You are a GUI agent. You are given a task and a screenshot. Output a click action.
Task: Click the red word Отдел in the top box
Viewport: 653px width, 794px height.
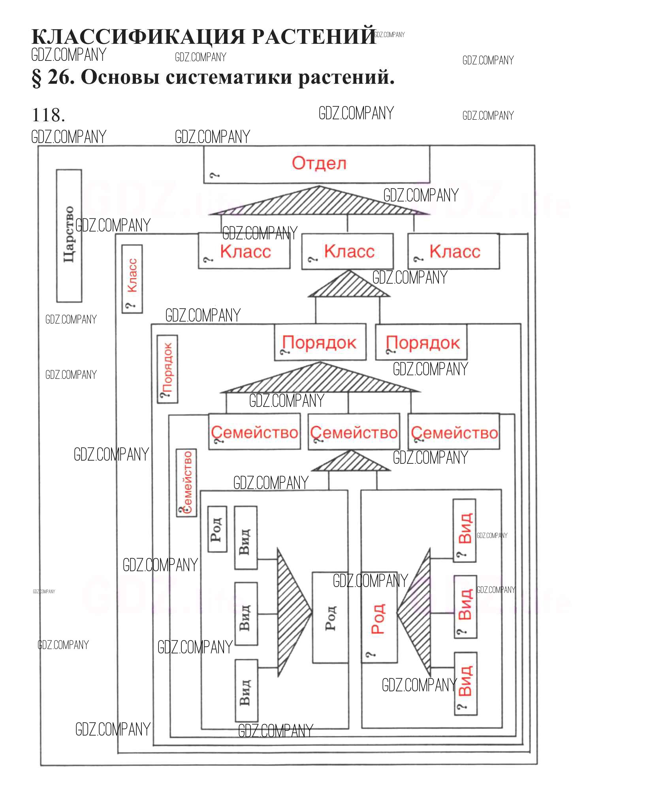[319, 163]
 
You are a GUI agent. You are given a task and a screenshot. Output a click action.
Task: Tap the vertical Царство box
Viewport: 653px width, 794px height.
[69, 236]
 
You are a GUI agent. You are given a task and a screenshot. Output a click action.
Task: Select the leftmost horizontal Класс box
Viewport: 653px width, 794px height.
[244, 251]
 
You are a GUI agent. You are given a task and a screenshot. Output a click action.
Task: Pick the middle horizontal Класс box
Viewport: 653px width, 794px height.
[348, 252]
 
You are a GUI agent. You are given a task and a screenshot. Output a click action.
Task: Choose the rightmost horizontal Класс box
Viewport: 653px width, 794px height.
[454, 252]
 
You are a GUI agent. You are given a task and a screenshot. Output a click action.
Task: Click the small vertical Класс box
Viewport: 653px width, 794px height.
[132, 279]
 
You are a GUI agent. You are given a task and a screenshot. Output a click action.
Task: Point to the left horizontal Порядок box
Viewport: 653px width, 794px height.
[320, 342]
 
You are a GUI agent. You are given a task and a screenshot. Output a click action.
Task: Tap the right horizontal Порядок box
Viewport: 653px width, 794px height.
[421, 342]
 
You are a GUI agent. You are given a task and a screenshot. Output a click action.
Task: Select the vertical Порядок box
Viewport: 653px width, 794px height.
[167, 369]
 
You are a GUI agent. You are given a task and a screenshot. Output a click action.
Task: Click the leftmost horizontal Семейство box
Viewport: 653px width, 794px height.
[254, 432]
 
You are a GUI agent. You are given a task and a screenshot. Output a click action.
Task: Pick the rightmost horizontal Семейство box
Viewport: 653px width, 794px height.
[454, 432]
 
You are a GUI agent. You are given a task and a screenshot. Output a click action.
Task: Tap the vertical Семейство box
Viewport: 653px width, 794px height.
[186, 483]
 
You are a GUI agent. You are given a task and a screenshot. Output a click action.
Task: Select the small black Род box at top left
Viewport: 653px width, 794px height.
[217, 529]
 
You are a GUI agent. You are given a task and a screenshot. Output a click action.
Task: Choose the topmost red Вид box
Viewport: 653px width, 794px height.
[465, 531]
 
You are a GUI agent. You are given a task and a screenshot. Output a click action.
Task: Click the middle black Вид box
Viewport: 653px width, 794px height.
[246, 614]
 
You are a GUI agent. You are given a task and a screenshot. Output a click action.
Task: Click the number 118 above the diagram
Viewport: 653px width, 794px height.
[48, 115]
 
